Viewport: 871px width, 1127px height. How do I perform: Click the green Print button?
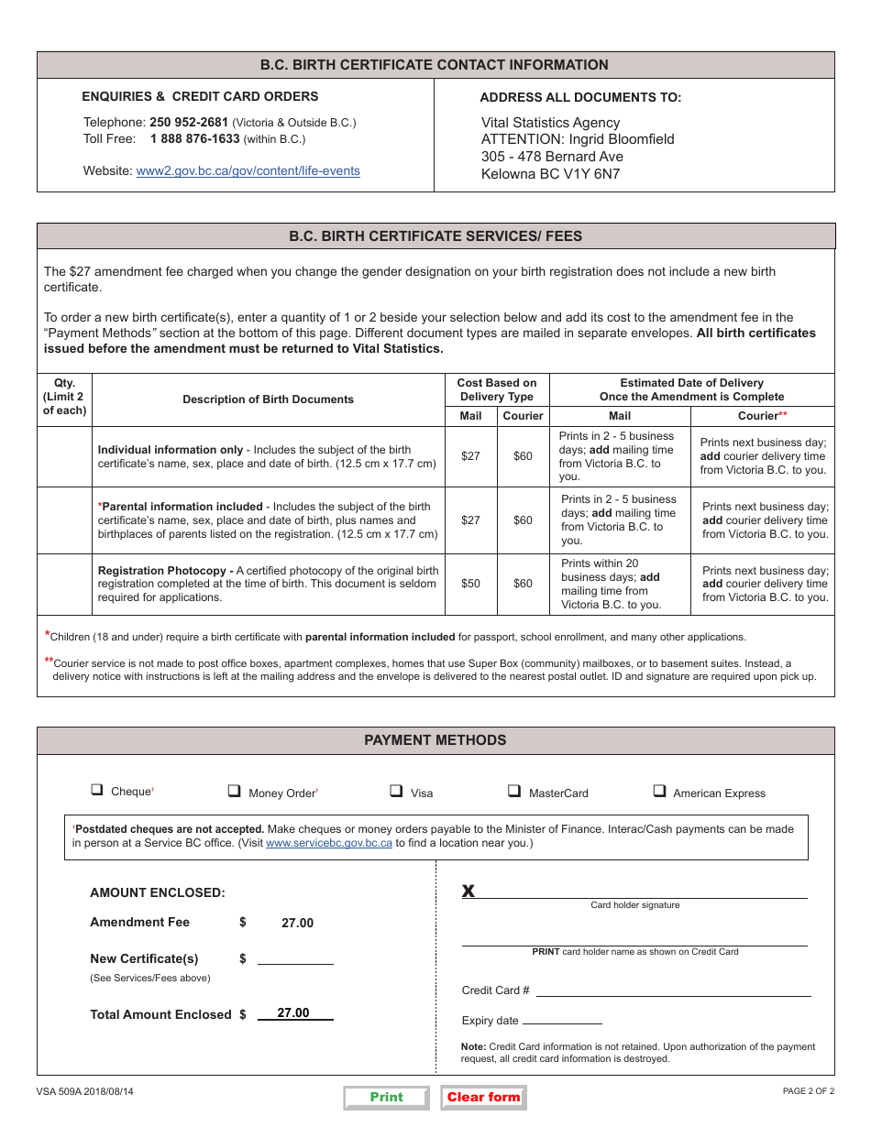click(386, 1097)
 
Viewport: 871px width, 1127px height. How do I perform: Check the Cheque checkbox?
click(96, 790)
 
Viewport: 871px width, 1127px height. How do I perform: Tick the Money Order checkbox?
click(234, 791)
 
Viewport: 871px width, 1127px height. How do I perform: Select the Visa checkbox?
click(396, 791)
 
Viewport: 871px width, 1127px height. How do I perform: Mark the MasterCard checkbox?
click(514, 791)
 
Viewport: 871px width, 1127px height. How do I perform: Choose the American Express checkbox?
click(659, 791)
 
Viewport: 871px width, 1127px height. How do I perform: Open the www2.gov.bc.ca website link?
click(248, 170)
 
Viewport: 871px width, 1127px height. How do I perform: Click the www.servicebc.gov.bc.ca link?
click(328, 843)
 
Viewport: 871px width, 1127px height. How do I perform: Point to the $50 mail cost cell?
click(470, 584)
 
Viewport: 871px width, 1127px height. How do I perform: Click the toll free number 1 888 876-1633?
click(194, 139)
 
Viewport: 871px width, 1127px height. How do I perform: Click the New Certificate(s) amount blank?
click(295, 957)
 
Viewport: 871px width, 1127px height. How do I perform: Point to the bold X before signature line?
click(468, 892)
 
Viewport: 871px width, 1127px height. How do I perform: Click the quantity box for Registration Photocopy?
click(64, 584)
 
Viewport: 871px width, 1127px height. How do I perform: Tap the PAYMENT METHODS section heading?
click(435, 740)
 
